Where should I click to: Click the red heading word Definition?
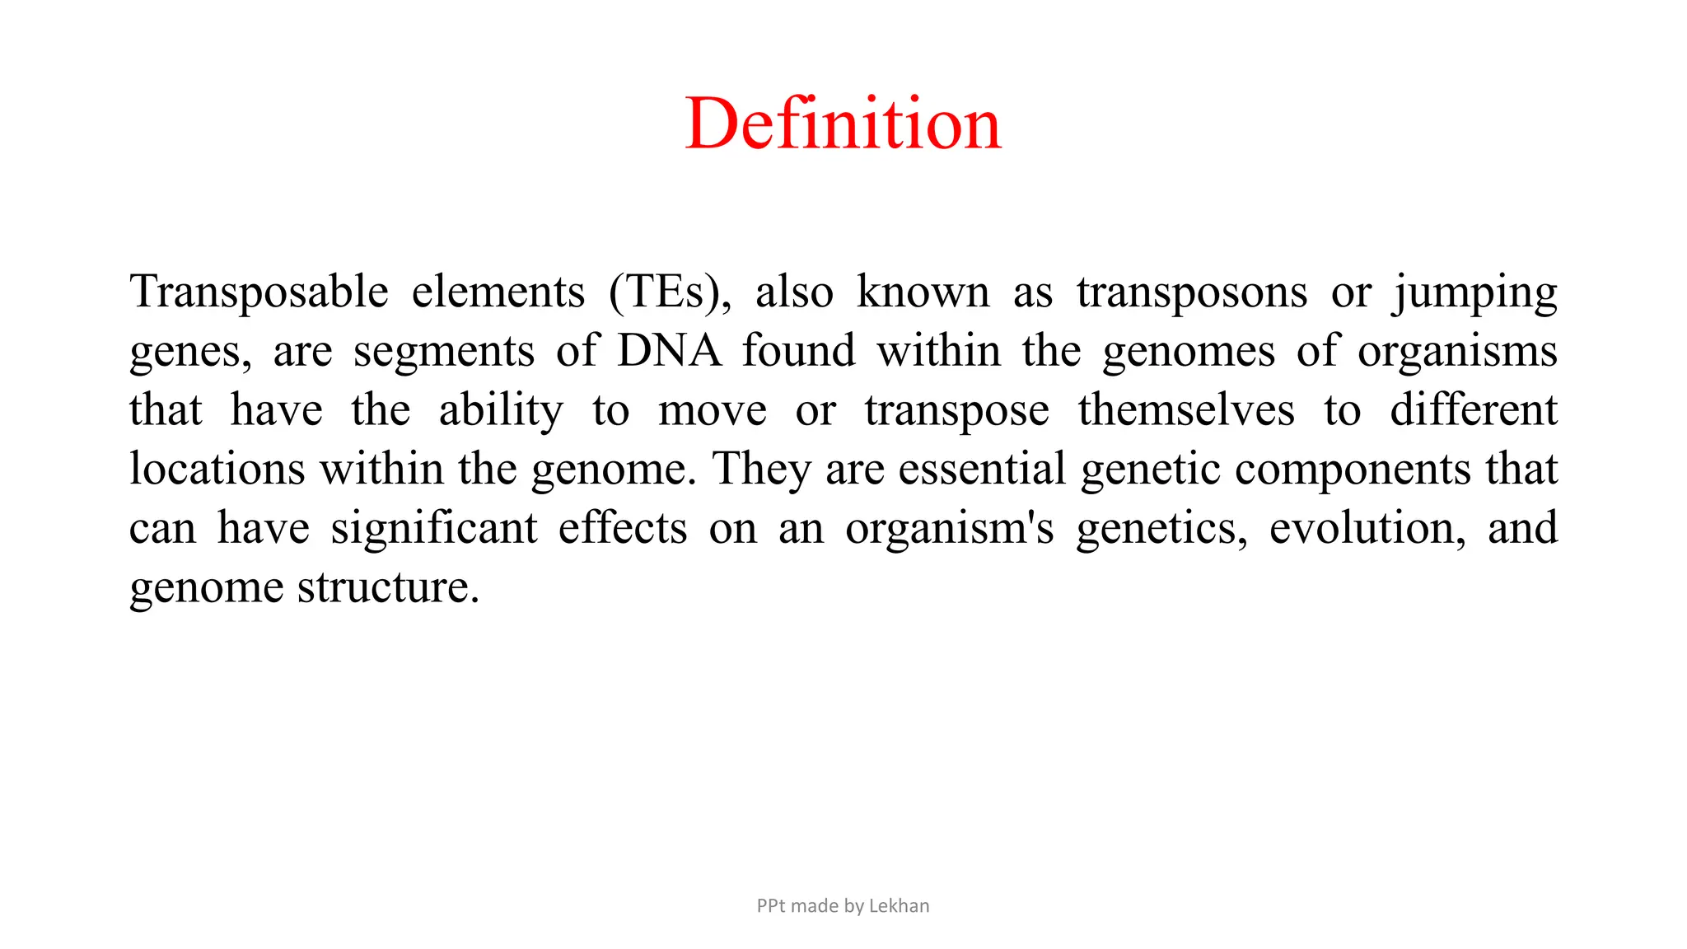point(843,124)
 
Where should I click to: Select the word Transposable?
point(259,292)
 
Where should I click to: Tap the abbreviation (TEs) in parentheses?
point(669,292)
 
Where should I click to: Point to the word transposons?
point(1191,292)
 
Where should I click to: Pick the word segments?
point(444,353)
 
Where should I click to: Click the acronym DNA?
point(669,351)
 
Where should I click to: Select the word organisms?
point(1457,353)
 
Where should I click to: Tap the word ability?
point(501,411)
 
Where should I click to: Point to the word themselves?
point(1186,410)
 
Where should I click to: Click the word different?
point(1473,410)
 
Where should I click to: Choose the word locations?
point(217,470)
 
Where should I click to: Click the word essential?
point(982,470)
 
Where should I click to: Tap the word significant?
point(434,529)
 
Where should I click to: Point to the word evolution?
point(1367,529)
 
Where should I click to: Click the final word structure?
point(387,588)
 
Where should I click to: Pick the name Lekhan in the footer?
point(899,906)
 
